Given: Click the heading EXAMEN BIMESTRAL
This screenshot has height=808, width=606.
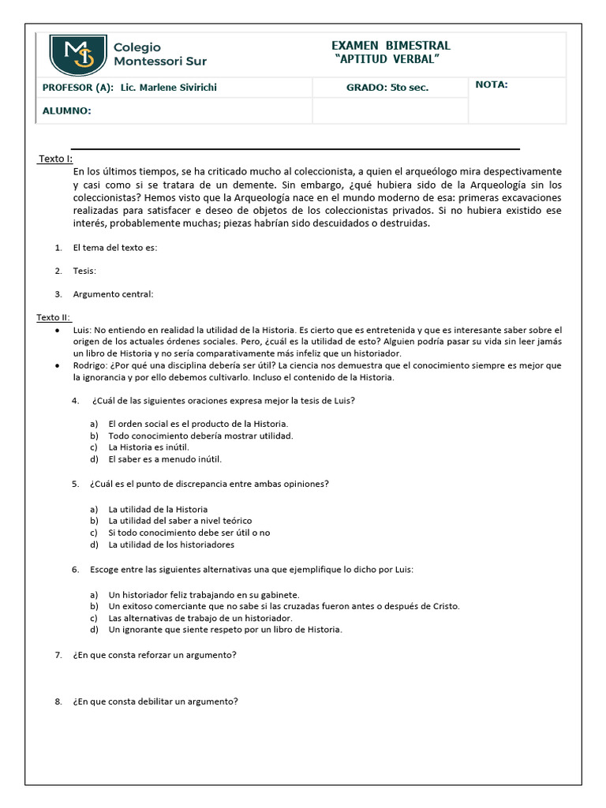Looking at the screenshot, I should click(x=391, y=46).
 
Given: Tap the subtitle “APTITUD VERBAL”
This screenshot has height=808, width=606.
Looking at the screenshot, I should click(x=387, y=61).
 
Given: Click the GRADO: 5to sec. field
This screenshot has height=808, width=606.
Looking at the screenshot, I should click(x=387, y=88).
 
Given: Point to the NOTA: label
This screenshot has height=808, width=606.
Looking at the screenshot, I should click(x=492, y=85).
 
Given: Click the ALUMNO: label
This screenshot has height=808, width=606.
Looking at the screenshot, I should click(x=67, y=111).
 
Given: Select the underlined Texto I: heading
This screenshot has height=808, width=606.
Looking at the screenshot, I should click(x=55, y=159).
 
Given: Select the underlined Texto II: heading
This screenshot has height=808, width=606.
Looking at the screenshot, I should click(x=53, y=317).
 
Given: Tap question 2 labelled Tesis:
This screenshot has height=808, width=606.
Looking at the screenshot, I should click(x=84, y=271).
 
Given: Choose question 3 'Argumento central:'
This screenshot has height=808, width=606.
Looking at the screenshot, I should click(x=113, y=294).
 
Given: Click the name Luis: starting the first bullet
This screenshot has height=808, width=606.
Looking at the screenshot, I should click(x=82, y=330).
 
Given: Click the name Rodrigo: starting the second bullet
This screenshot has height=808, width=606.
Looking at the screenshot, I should click(x=89, y=365).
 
